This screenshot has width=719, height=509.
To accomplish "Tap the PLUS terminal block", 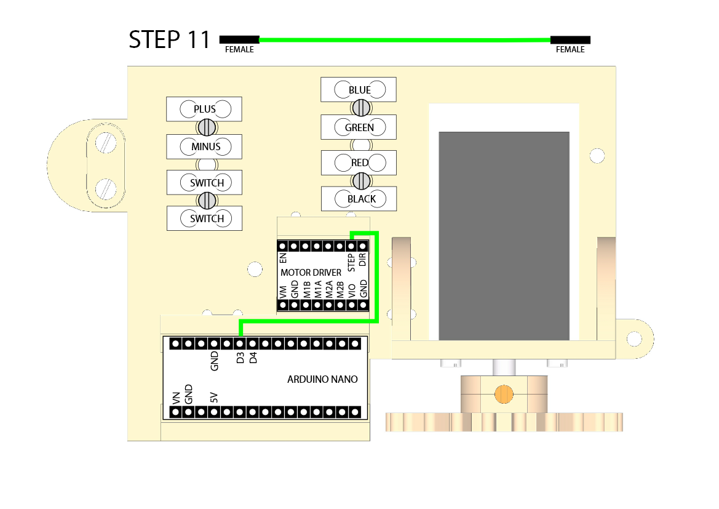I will tap(205, 110).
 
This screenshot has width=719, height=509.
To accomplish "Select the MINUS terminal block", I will tap(205, 147).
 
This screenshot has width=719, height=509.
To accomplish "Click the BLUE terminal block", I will tap(359, 90).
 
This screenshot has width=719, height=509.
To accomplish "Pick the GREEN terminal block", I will tap(359, 127).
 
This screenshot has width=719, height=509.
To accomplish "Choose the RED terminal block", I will tap(359, 162).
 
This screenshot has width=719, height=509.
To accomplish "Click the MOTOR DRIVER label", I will tap(311, 272).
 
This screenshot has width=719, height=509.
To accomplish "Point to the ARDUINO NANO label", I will tap(322, 379).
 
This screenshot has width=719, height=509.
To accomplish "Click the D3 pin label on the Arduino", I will tap(240, 358).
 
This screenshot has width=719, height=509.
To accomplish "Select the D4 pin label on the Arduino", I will tap(253, 358).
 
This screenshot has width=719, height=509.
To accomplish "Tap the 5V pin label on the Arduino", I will tap(214, 397).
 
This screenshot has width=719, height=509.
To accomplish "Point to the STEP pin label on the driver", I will tap(352, 262).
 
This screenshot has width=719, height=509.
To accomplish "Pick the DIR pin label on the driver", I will tap(363, 259).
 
